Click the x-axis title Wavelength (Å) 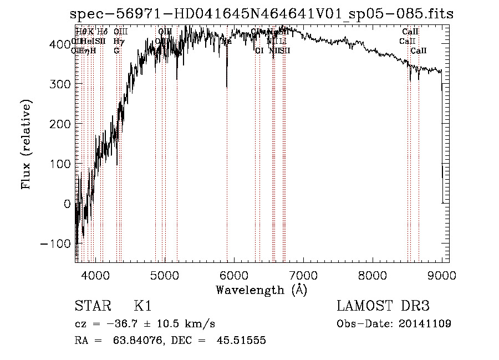pyautogui.click(x=262, y=290)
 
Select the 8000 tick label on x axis pyautogui.click(x=373, y=275)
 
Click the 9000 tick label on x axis pyautogui.click(x=442, y=275)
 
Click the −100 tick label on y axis pyautogui.click(x=54, y=244)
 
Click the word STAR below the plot pyautogui.click(x=92, y=307)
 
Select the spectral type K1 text pyautogui.click(x=142, y=307)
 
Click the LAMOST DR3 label pyautogui.click(x=383, y=307)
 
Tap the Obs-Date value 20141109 pyautogui.click(x=426, y=324)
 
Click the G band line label pyautogui.click(x=116, y=51)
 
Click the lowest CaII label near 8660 pyautogui.click(x=419, y=51)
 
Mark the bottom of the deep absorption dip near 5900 pyautogui.click(x=227, y=87)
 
